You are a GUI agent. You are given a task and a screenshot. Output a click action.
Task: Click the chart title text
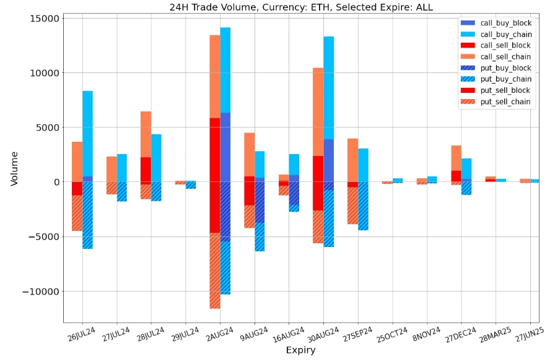[301, 7]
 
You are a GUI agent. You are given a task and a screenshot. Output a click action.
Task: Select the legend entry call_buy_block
[505, 23]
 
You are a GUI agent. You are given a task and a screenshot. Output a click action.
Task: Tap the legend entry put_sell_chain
[505, 102]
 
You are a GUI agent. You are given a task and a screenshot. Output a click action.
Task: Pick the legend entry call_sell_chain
[505, 57]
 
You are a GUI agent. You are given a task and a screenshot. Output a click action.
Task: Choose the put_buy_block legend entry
[505, 68]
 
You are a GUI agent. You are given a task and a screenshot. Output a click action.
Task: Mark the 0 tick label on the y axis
[55, 182]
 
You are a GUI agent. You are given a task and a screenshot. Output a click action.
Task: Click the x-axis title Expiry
[300, 351]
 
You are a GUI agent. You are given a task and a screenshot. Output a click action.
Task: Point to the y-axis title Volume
[14, 168]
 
